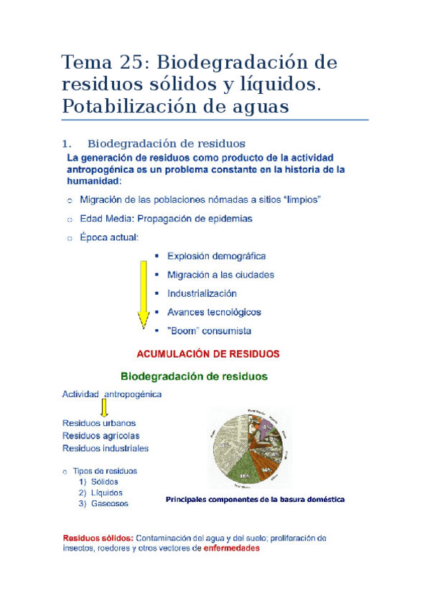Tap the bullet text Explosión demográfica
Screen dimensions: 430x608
216,256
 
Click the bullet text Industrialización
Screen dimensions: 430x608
202,293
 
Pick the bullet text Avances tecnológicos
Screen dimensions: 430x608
214,312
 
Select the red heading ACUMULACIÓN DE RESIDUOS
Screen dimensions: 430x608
208,353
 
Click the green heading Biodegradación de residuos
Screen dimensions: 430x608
193,376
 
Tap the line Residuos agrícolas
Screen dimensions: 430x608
101,435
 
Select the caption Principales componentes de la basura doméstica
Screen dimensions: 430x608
255,498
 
